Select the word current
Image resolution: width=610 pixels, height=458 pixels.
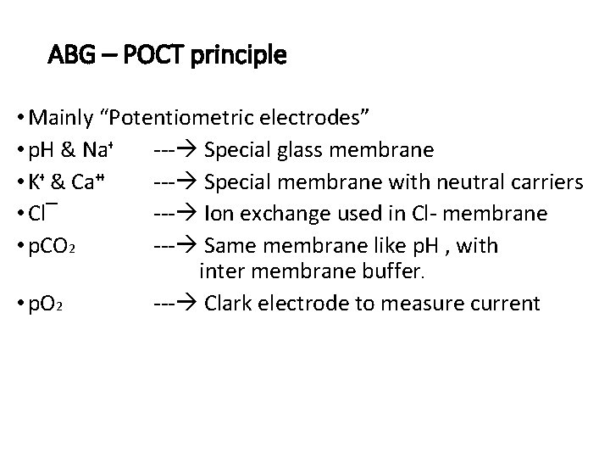[x=505, y=304]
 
